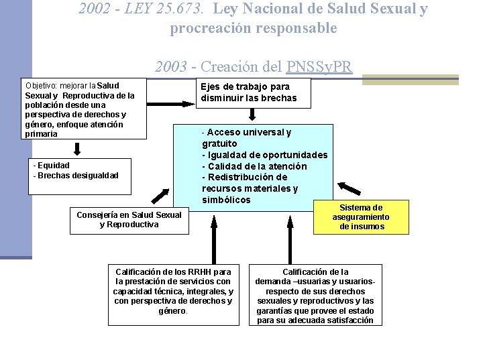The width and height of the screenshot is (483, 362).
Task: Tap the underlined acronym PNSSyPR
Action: (x=319, y=66)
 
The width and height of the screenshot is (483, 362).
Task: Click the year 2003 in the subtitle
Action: (x=171, y=66)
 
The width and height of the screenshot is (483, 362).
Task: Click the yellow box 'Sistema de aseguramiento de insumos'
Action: (x=361, y=217)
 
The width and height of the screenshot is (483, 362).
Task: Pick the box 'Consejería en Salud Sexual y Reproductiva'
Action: (x=129, y=220)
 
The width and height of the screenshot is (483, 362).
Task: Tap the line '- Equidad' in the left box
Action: (x=52, y=165)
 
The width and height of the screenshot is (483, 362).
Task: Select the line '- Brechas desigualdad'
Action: (x=76, y=176)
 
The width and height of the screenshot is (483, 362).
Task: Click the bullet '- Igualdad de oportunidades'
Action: (x=265, y=155)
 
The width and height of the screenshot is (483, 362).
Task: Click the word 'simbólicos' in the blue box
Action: (x=226, y=200)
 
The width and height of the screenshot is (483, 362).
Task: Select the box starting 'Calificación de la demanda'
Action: (x=315, y=296)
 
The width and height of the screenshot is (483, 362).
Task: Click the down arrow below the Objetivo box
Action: (x=78, y=148)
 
